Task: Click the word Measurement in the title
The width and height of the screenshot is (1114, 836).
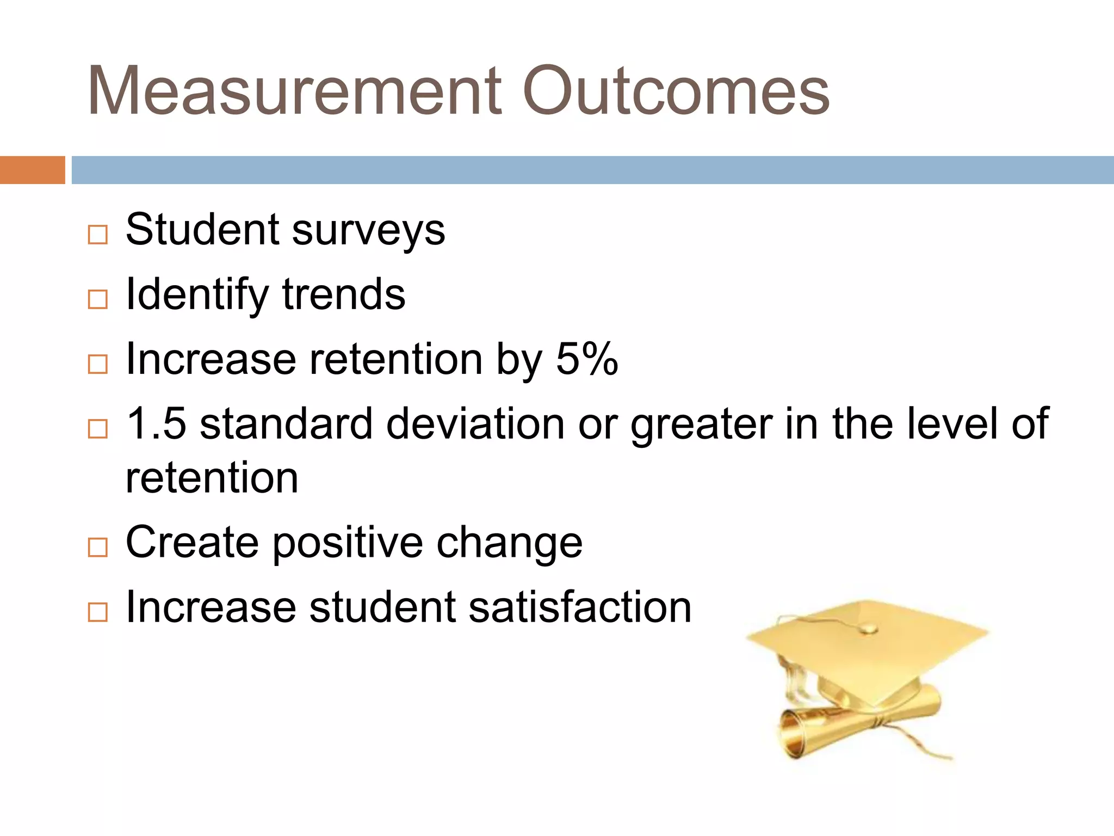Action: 294,91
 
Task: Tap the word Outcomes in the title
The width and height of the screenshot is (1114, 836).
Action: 676,91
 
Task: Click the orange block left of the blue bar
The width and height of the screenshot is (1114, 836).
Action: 32,170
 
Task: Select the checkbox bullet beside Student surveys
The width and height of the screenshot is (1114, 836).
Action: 98,235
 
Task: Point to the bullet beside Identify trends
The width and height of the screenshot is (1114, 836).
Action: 98,299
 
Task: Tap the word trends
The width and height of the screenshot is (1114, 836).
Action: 344,294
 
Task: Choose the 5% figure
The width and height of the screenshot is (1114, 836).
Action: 587,359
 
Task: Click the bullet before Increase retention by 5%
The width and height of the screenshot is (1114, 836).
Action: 98,364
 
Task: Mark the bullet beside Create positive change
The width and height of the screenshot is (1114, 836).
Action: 98,547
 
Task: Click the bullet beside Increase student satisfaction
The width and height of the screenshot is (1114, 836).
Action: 98,612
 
